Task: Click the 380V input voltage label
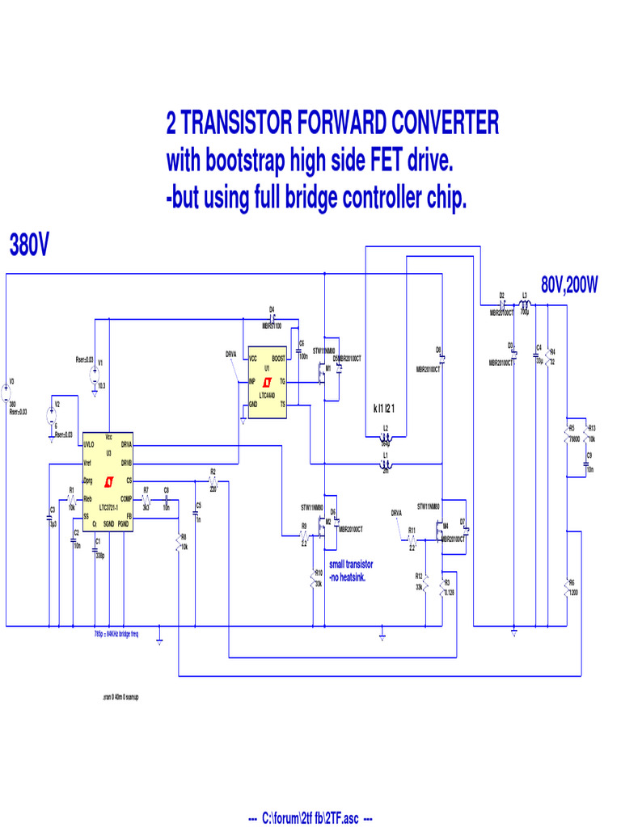(x=29, y=243)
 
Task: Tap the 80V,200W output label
(x=569, y=285)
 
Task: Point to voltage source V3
(x=6, y=395)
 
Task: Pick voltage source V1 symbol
(x=94, y=374)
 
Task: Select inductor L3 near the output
(x=524, y=306)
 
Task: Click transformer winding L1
(x=386, y=464)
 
